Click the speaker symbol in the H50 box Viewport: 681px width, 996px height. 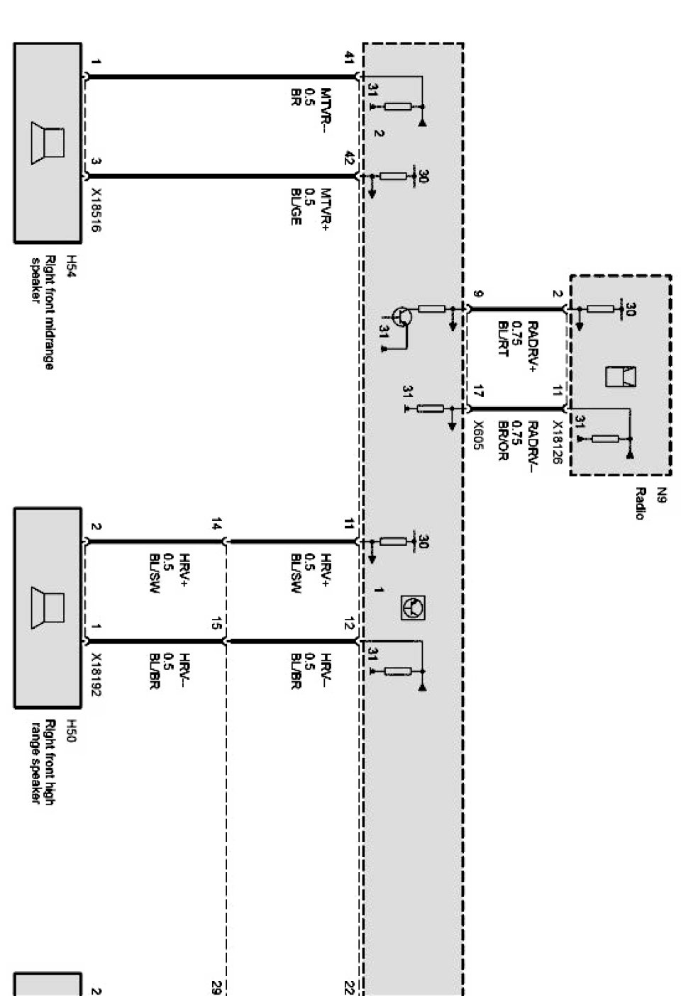48,609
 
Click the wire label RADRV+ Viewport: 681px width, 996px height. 533,347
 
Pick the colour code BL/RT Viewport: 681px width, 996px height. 503,339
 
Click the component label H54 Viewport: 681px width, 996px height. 70,267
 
